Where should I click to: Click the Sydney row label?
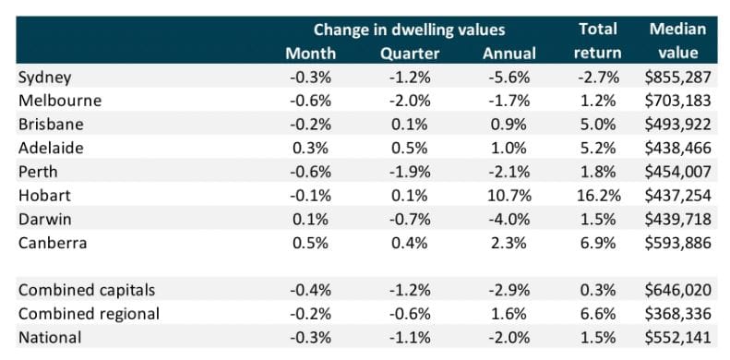click(x=44, y=78)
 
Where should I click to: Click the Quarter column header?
click(x=407, y=53)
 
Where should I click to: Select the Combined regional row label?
click(x=89, y=314)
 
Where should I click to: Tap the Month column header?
click(x=310, y=53)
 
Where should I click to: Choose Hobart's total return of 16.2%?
click(x=597, y=196)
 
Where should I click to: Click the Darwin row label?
click(x=44, y=219)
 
